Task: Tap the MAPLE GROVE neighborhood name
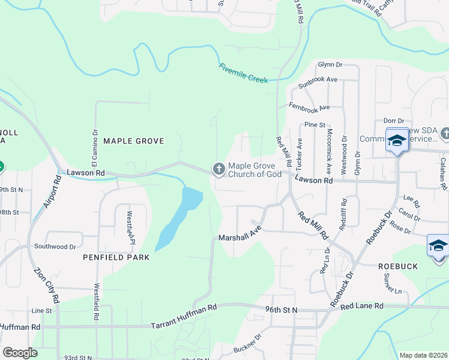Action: [133, 141]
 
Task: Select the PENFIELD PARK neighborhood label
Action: [115, 257]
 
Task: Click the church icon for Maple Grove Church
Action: [218, 170]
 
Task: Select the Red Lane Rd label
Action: [361, 306]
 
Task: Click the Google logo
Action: [19, 353]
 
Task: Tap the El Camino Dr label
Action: [94, 147]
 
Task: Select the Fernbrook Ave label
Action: [309, 107]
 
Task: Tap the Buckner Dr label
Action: [248, 348]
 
